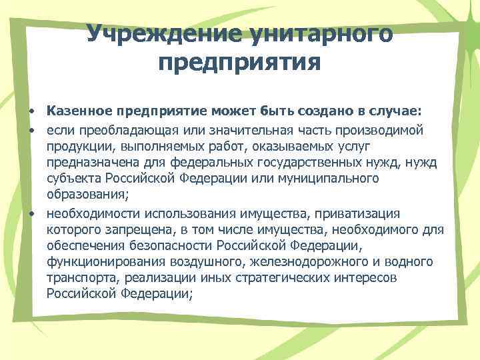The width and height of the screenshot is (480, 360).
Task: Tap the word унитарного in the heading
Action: pyautogui.click(x=323, y=33)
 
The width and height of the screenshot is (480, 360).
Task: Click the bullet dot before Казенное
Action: pyautogui.click(x=31, y=109)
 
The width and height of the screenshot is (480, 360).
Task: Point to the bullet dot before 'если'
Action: pyautogui.click(x=31, y=127)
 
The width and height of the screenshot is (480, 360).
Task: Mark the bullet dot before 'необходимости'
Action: pyautogui.click(x=31, y=213)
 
